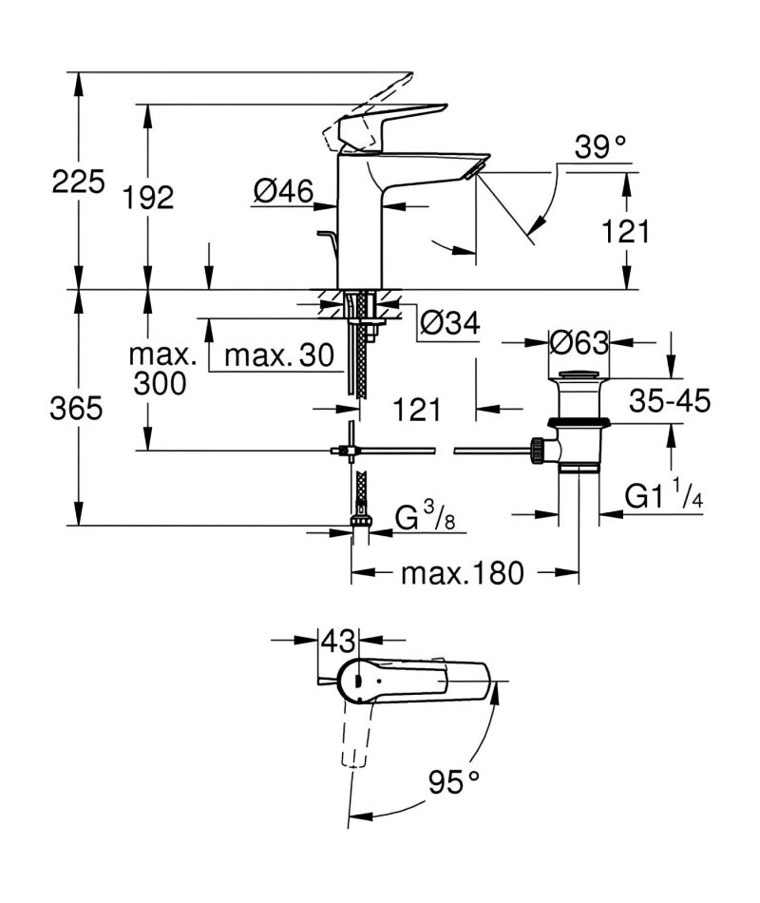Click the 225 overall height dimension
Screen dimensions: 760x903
[78, 181]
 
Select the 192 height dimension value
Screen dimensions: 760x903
[148, 197]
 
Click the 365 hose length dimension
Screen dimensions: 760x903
[76, 409]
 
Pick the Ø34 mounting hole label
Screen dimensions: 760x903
[449, 322]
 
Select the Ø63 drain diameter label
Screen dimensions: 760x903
[579, 342]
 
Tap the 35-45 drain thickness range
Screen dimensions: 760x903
[670, 400]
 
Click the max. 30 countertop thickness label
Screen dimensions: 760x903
[279, 355]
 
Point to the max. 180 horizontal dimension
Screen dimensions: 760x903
[463, 573]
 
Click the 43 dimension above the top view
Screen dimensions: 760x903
[338, 641]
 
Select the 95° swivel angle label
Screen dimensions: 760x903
[454, 782]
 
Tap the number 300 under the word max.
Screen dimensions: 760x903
[160, 383]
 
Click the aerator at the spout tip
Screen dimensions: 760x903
[474, 170]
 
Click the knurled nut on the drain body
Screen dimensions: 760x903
[537, 451]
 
